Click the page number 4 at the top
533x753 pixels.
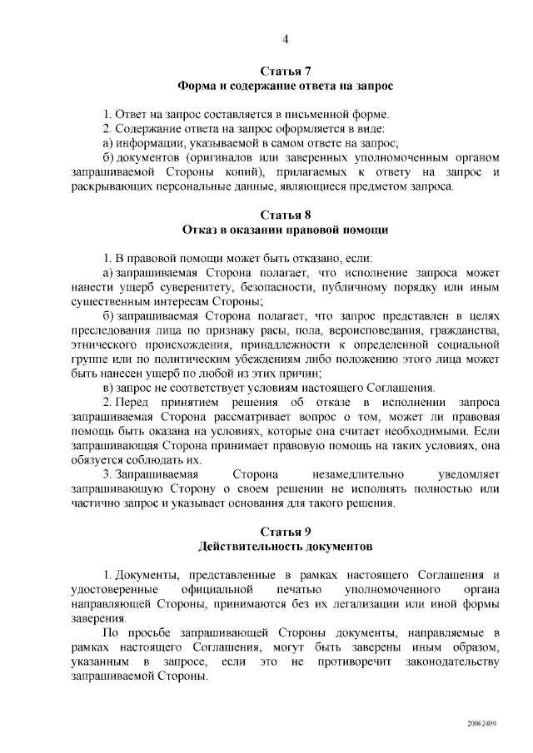[286, 38]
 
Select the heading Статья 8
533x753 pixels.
[285, 214]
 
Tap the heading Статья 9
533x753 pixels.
[285, 531]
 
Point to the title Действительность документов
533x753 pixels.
[285, 547]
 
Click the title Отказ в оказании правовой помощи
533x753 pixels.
[285, 229]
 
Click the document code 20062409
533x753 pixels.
[481, 724]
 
